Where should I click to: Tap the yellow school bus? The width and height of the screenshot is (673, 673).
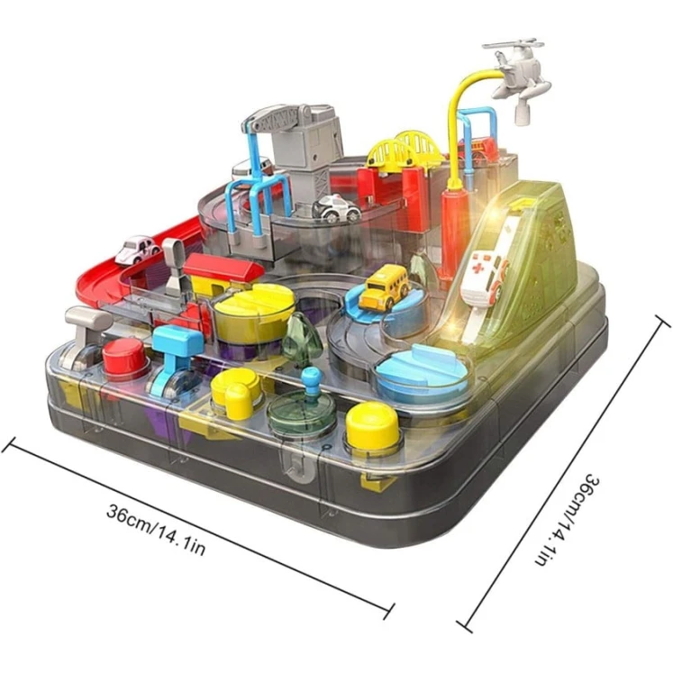click(384, 286)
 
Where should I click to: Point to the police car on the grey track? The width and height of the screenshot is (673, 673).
click(337, 208)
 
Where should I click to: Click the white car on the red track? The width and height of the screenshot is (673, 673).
click(136, 250)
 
